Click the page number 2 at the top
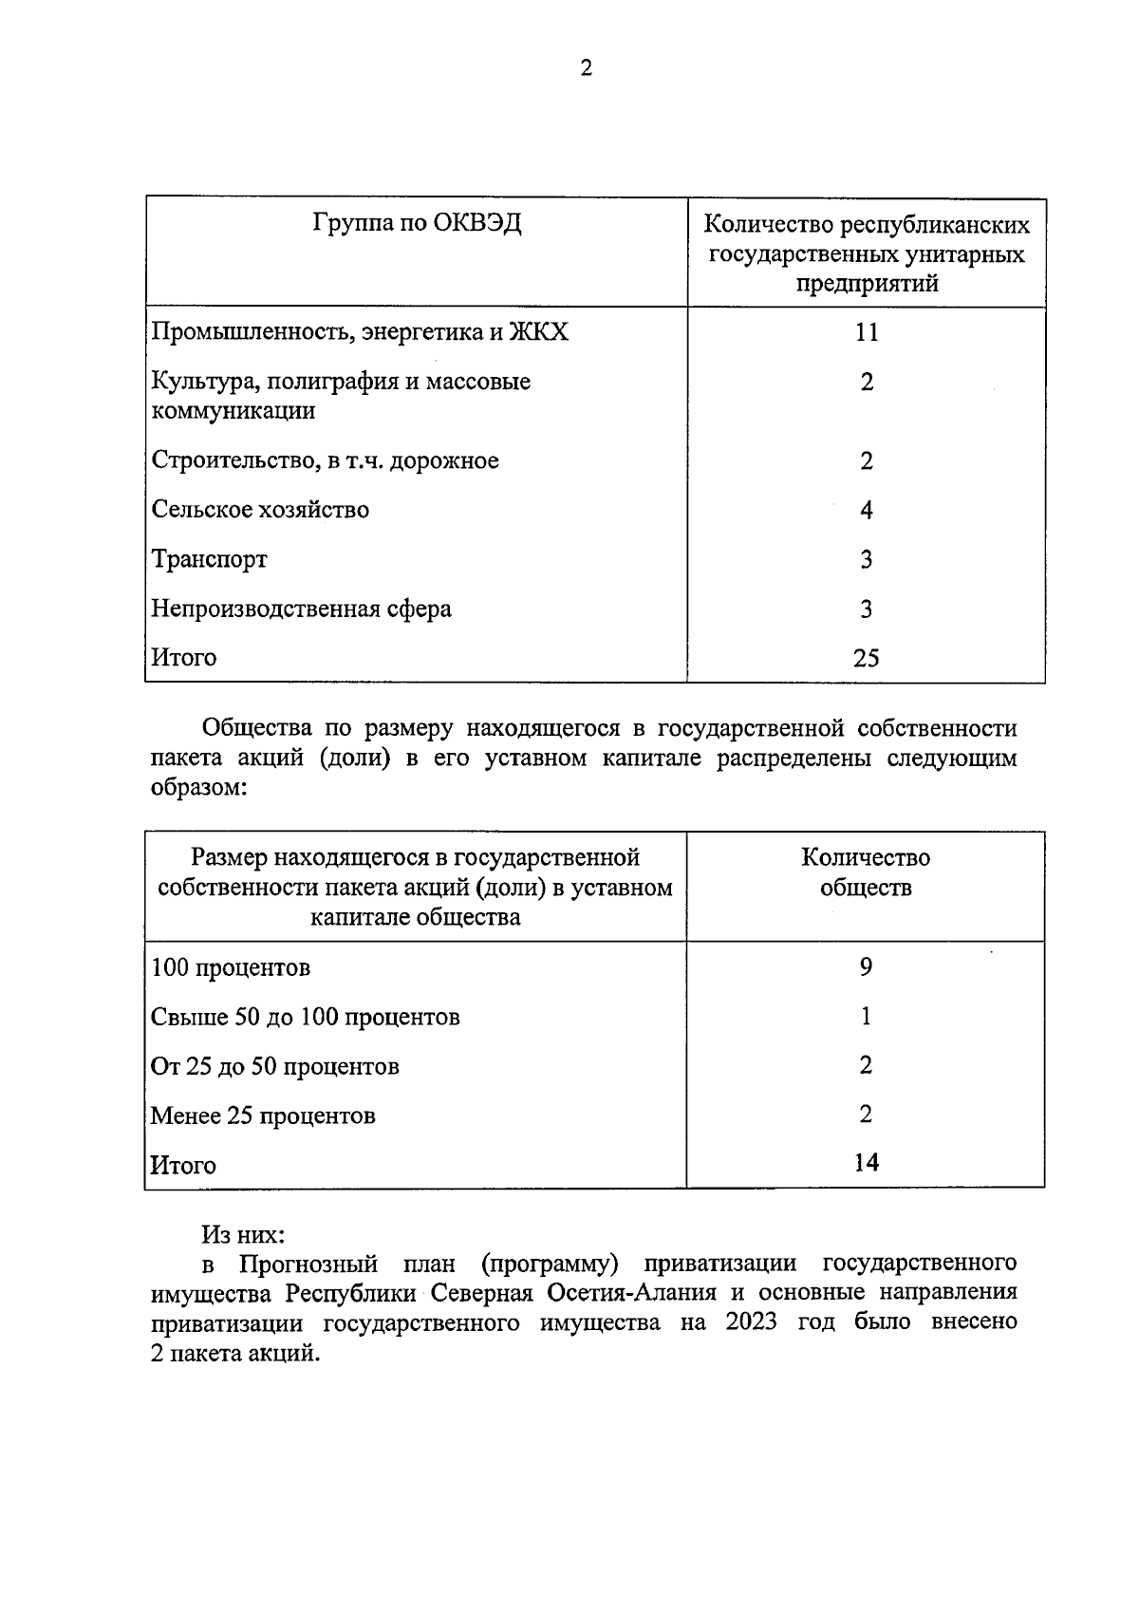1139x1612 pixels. coord(586,68)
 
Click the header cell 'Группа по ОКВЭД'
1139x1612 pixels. coord(417,224)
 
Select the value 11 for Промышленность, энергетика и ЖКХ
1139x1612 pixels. coord(866,332)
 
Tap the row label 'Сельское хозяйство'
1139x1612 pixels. coord(260,510)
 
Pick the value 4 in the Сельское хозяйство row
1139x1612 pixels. coord(866,511)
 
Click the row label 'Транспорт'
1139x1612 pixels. coord(209,560)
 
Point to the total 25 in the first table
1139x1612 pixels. coord(866,658)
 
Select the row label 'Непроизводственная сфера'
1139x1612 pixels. coord(301,609)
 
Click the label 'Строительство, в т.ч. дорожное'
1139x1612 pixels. coord(325,461)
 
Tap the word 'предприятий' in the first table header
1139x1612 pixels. coord(867,284)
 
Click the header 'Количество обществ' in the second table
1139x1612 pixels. coord(866,872)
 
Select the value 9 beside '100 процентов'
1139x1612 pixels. coord(866,967)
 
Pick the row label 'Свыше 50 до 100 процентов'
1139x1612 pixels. coord(305,1018)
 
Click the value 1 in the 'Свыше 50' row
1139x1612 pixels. coord(866,1017)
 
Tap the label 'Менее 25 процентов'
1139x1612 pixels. coord(263,1116)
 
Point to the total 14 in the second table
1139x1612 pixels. coord(866,1163)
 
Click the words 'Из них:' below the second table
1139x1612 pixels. coord(243,1235)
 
